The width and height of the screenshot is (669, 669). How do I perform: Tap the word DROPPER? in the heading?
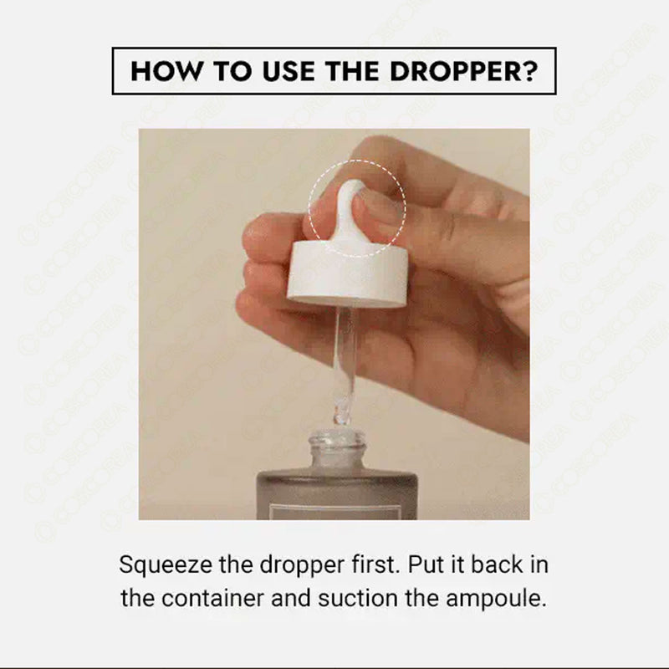pos(464,71)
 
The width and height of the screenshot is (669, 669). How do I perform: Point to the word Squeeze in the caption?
pos(166,566)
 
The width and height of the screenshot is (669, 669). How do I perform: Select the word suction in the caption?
pos(358,598)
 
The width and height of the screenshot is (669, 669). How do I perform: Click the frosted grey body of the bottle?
pos(336,496)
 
